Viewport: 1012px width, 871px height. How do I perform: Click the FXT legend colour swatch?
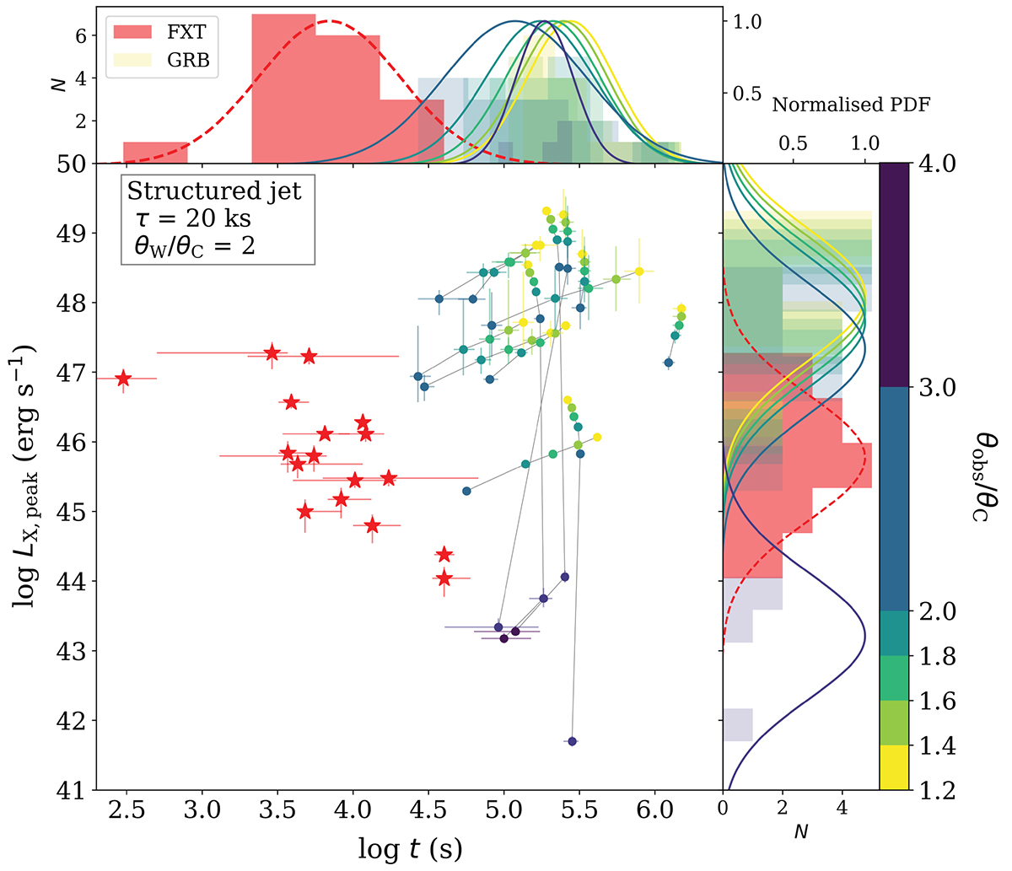point(132,33)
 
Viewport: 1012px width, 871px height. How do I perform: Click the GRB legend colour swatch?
point(132,60)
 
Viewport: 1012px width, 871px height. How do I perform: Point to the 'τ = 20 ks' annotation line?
point(197,218)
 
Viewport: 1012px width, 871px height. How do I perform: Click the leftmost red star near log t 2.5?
point(124,379)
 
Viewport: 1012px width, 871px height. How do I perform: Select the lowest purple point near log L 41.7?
point(572,741)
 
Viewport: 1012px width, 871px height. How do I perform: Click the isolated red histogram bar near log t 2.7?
point(155,153)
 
